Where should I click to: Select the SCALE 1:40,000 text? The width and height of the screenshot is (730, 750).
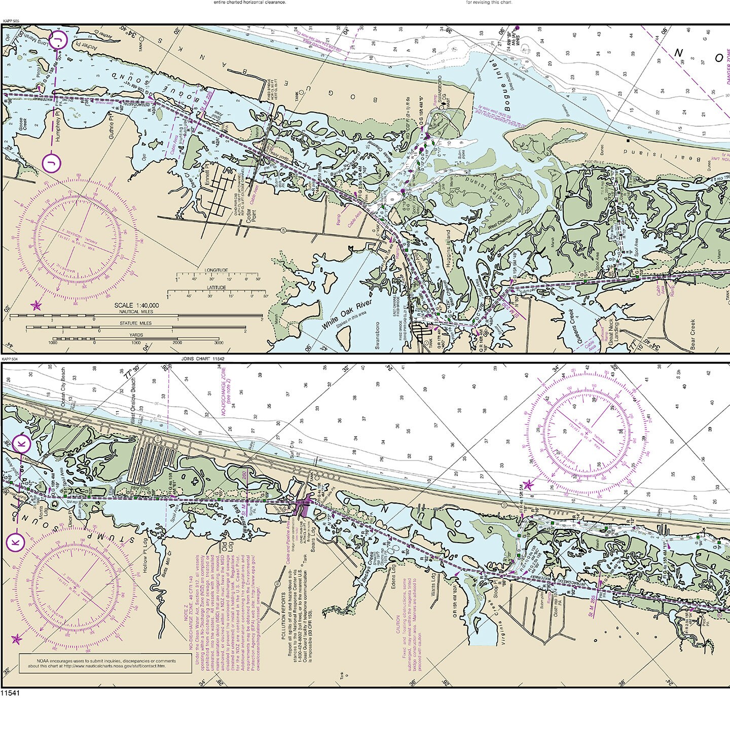tap(136, 305)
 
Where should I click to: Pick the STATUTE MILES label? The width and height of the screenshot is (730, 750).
tap(135, 323)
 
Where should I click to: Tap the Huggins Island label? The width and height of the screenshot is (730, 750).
tap(448, 249)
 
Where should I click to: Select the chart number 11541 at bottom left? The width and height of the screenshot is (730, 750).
tap(10, 693)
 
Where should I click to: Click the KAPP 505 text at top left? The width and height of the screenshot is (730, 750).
tap(11, 21)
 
